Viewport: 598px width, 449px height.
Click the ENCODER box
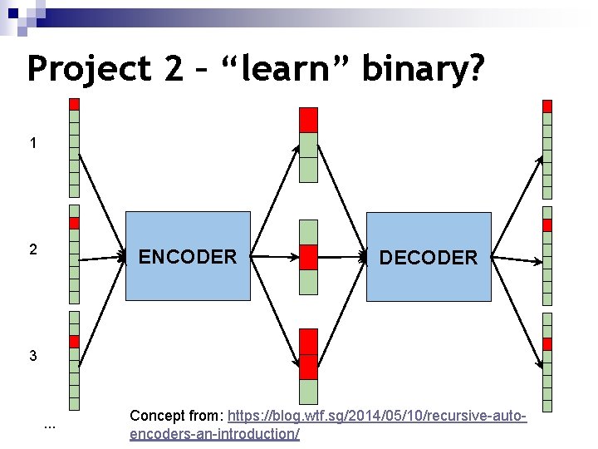(x=187, y=256)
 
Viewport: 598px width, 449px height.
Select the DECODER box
(x=429, y=257)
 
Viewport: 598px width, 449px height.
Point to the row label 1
(x=33, y=143)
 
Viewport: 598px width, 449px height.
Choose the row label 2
(x=33, y=249)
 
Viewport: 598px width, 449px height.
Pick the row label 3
(x=33, y=356)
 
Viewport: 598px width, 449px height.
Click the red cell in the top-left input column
(x=74, y=105)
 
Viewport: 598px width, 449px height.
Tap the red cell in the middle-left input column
(x=74, y=224)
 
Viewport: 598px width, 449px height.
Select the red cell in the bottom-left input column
(x=74, y=342)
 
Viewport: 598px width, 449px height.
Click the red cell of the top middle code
(x=308, y=120)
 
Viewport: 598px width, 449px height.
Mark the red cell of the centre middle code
(x=308, y=257)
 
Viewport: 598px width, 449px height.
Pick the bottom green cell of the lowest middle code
(x=308, y=392)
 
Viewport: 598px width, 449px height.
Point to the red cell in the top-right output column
(x=547, y=106)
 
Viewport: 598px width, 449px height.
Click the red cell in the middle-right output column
(x=547, y=225)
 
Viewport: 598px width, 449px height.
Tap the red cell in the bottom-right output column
(x=547, y=344)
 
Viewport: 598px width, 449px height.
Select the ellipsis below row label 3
(x=49, y=427)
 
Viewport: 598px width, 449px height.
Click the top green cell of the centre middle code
(x=308, y=232)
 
